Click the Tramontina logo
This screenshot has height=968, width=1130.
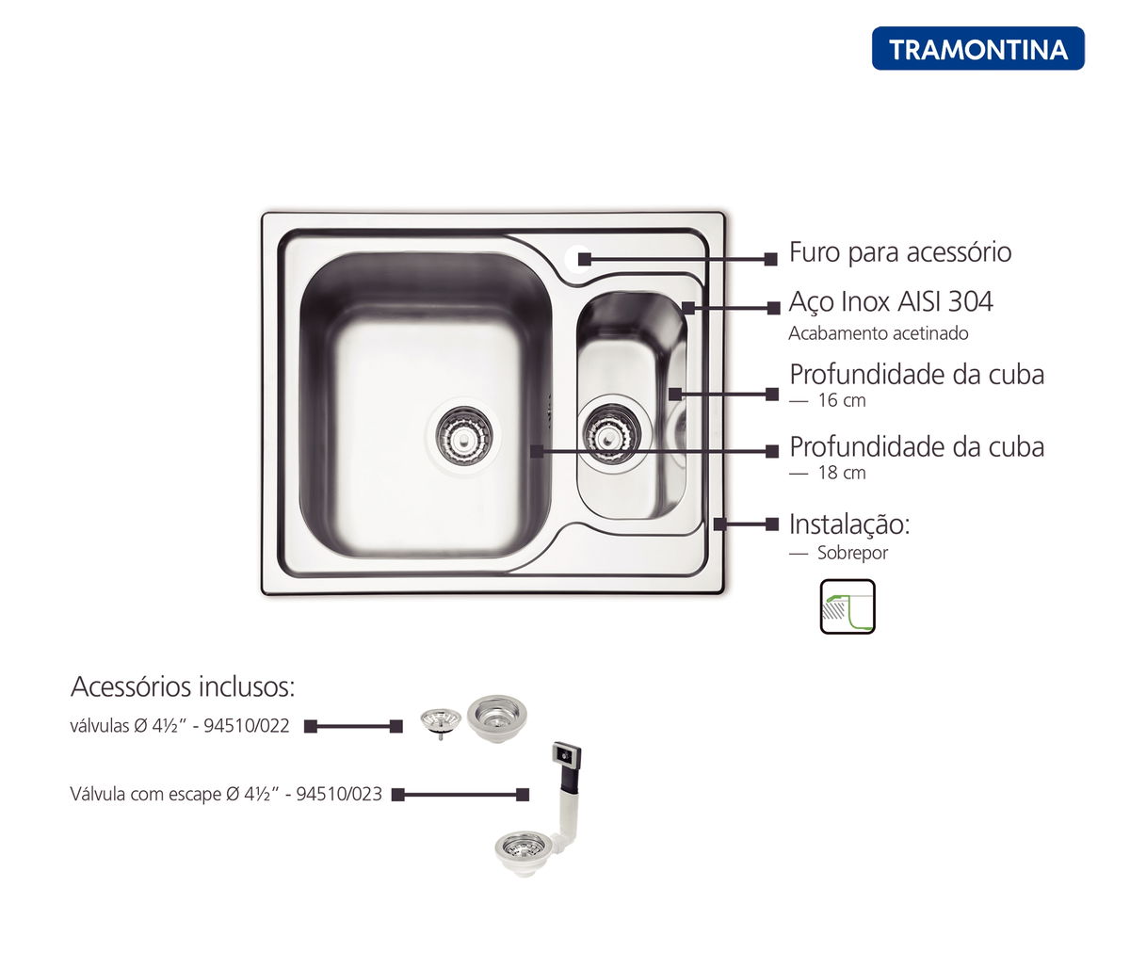tap(977, 49)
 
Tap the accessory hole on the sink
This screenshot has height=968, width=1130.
tap(578, 258)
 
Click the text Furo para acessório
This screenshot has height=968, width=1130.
tap(900, 252)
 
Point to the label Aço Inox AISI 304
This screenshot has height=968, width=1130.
tap(891, 301)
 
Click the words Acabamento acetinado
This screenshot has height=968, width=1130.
tap(878, 333)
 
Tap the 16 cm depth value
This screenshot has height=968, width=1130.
tap(842, 400)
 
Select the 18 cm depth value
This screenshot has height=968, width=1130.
tap(842, 473)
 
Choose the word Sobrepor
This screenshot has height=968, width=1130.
tap(852, 553)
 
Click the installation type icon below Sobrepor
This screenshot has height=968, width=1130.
tap(847, 606)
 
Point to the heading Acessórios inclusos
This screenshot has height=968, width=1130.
tap(183, 686)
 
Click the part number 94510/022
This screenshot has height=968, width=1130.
tap(247, 725)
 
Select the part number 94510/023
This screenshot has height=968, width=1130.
tap(339, 794)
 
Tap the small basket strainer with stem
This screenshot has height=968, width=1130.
tap(440, 723)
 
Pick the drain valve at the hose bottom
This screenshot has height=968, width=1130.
tap(522, 853)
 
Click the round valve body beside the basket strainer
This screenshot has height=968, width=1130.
tap(497, 718)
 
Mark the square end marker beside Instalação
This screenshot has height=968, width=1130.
tap(772, 524)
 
